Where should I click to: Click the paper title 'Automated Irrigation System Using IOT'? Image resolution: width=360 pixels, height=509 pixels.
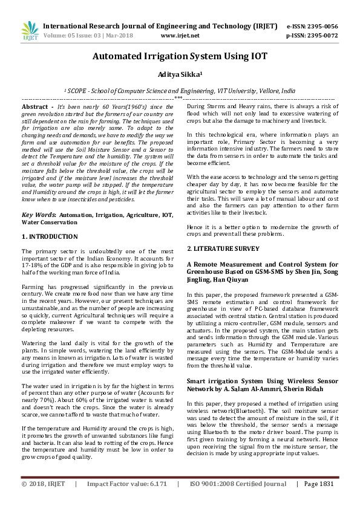coord(180,57)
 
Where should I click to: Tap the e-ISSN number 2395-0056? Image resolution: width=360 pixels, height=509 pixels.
coord(321,27)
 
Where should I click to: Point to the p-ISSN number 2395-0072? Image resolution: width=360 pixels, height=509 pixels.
coord(321,36)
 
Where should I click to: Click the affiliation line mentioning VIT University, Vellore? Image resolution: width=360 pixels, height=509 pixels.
coord(180,89)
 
